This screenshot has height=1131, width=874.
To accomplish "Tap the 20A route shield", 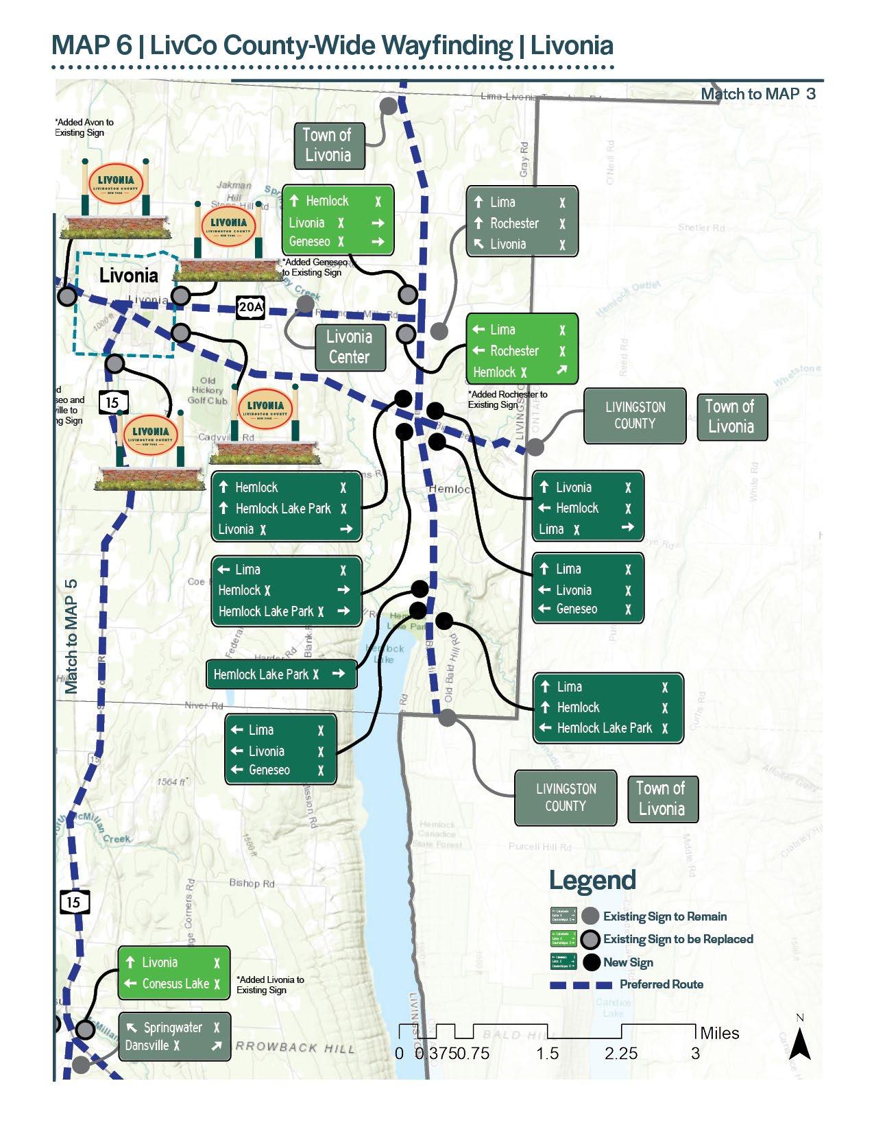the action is point(250,307).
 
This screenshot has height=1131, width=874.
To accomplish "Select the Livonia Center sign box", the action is point(350,347).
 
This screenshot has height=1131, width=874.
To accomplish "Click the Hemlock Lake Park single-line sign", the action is point(281,674).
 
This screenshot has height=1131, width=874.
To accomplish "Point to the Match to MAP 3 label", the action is point(757,95).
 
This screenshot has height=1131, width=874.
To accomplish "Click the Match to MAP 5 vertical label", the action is point(71,637).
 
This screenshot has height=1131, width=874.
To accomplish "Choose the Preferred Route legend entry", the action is point(661,984).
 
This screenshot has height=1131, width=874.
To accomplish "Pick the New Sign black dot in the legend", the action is point(592,962).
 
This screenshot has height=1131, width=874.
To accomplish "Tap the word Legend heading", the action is point(592,880).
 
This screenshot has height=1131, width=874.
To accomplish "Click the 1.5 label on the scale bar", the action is point(548,1053).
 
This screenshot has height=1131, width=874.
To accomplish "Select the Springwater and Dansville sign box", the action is point(175,1036).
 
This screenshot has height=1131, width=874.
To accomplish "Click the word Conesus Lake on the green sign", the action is point(175,984).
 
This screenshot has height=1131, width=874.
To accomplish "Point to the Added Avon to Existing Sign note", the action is point(84,127).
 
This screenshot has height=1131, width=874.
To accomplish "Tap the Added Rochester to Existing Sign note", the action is point(507,400).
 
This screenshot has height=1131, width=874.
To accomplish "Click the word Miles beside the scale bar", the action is point(719,1033).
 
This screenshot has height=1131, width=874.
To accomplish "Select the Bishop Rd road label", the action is point(252,883).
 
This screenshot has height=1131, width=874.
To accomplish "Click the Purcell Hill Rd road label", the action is point(539,847).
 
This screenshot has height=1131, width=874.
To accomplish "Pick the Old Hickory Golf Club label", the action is point(207,390).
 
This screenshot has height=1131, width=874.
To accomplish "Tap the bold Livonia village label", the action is point(128,276).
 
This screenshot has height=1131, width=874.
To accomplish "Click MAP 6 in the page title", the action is point(92,45).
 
